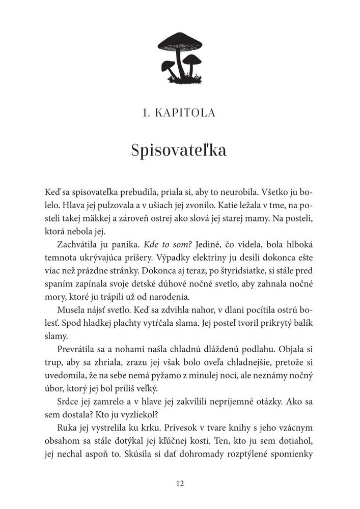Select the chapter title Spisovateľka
(x=179, y=151)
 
